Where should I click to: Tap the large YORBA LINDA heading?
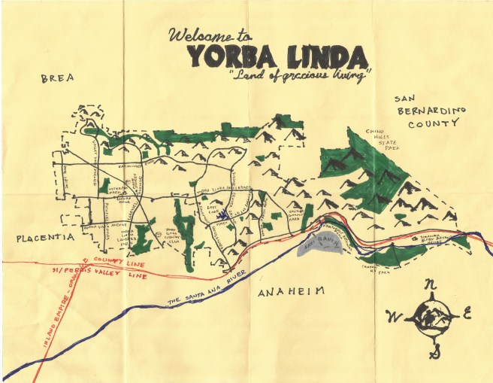point(277,56)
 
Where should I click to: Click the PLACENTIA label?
point(44,237)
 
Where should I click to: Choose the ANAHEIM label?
point(292,290)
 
